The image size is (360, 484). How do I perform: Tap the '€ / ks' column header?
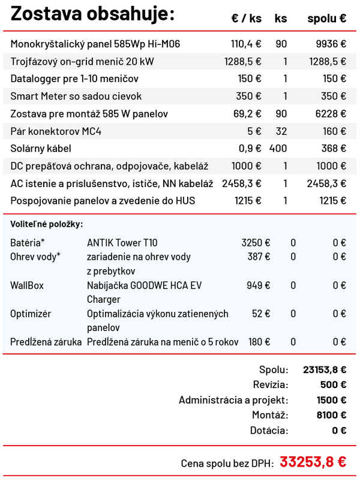coord(246,19)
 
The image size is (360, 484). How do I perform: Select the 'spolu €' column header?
coord(326,19)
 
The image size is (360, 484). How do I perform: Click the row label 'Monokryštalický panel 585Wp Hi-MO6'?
coord(95,44)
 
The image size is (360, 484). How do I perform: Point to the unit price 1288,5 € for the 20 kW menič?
coord(243,61)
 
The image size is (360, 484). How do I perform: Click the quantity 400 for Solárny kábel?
coord(278,148)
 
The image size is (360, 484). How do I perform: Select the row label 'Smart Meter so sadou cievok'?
coord(76,96)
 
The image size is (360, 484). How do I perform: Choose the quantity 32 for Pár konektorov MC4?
coord(281,131)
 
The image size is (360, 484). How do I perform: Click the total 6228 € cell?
coord(331,113)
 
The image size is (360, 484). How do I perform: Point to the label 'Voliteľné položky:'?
coord(47,224)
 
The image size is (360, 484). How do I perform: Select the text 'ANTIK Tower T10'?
coord(122,243)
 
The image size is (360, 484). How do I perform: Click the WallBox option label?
coord(27,285)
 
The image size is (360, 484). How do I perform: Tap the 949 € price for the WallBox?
coord(259,285)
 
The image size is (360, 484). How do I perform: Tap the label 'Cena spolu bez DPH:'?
coord(227,464)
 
